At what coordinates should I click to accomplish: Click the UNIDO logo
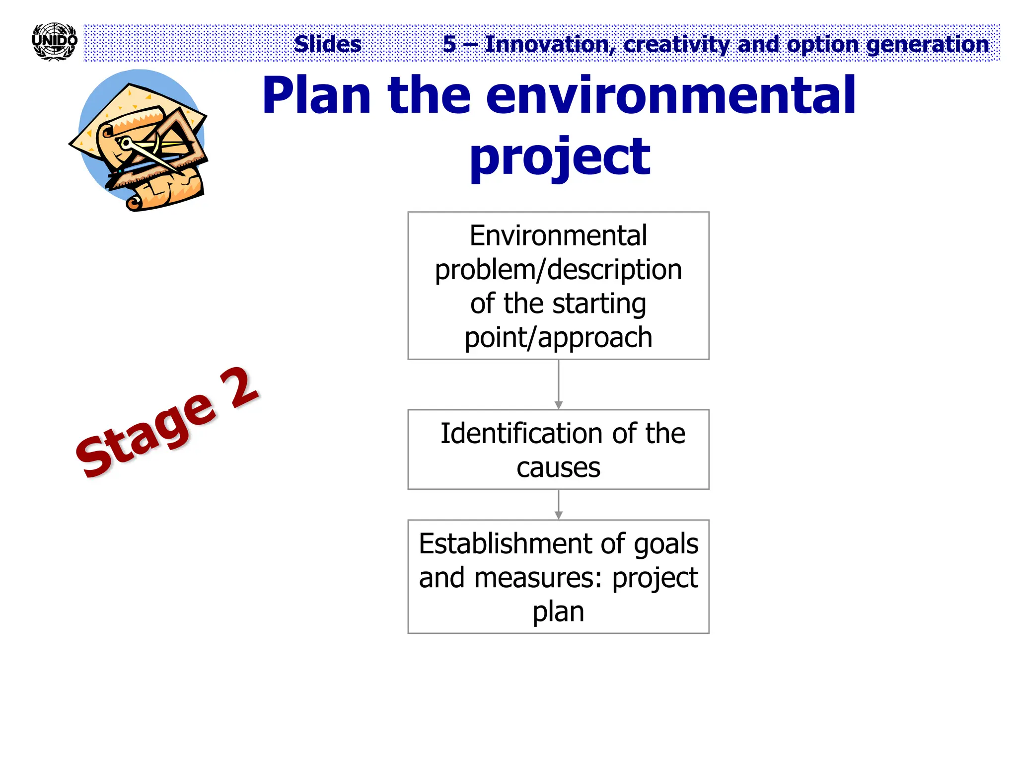[54, 42]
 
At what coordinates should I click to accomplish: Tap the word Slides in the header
[328, 44]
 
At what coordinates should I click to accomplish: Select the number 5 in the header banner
[449, 44]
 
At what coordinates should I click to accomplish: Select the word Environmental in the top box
[558, 235]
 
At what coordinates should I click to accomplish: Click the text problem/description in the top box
[558, 270]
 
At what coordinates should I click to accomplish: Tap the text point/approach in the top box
[558, 338]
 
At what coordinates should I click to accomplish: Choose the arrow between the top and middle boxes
[559, 384]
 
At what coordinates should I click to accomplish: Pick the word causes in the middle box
[558, 468]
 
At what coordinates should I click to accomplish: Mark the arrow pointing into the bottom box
[559, 505]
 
